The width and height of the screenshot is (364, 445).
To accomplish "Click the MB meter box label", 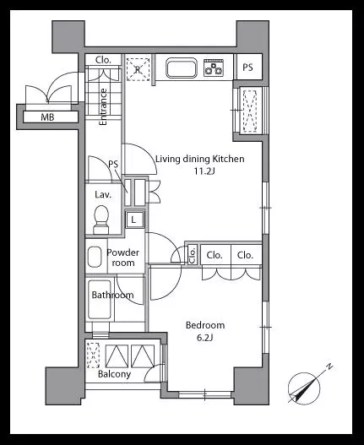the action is pos(47,117).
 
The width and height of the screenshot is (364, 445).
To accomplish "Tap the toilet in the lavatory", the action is pos(101,220).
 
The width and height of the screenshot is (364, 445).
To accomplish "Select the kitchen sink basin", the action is pos(182,68).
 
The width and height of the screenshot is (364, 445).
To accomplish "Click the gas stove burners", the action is pos(214,68).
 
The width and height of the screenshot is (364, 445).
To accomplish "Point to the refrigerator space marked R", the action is pos(138,69).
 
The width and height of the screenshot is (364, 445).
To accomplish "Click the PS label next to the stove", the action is pos(247,68).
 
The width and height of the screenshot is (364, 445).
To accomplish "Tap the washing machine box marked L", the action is pos(133,220).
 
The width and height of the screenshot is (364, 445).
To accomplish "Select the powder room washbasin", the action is pos(95,257).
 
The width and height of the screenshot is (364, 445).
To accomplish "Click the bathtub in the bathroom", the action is pos(99,300).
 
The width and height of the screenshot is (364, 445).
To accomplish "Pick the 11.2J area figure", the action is pos(204,171).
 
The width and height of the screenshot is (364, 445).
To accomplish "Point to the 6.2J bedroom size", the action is pos(204,338).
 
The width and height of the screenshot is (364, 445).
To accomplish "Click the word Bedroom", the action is pos(205,325).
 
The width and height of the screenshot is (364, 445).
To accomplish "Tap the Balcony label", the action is pos(114,374).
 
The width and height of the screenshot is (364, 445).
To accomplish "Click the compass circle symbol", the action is pos(304,388).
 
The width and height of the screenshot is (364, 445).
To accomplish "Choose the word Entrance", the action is pos(103,106).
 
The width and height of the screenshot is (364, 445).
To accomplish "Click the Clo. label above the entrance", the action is pos(103,60).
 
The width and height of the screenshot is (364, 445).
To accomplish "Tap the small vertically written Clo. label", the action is pos(193,255).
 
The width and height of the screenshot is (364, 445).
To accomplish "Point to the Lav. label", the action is pos(103,195).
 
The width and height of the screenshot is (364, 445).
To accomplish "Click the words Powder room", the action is pos(122,258).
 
